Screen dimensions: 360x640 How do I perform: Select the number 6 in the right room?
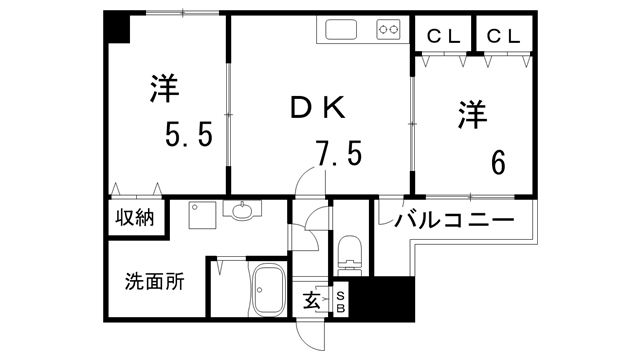(497, 160)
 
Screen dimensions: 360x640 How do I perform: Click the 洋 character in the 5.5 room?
(163, 89)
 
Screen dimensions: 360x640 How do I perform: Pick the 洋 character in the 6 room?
(472, 114)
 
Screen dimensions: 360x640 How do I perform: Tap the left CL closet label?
(443, 37)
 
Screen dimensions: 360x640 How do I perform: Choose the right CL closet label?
(504, 37)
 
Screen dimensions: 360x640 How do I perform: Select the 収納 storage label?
(132, 217)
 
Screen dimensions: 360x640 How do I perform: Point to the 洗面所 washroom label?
(154, 281)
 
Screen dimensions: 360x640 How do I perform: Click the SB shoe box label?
(340, 300)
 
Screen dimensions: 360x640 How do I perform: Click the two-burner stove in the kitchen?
(390, 31)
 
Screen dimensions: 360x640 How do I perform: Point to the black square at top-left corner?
(117, 28)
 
